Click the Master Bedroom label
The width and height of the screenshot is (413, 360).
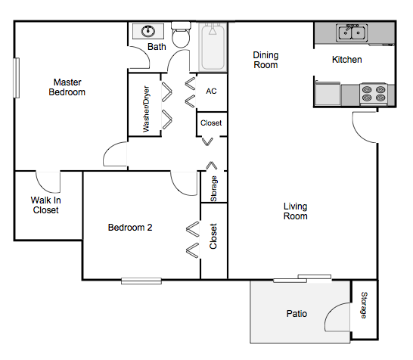[x=68, y=87]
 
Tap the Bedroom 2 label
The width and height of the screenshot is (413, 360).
[x=130, y=227]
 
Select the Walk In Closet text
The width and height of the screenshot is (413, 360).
[x=45, y=205]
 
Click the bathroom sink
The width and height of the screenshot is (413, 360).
[x=148, y=32]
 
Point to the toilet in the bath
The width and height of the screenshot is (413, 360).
[x=180, y=36]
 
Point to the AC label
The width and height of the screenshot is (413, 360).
[x=211, y=91]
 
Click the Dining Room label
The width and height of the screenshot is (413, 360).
[x=265, y=60]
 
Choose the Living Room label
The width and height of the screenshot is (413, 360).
[x=296, y=211]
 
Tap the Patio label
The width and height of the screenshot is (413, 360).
[x=297, y=313]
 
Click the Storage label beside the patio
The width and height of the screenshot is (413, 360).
[x=364, y=305]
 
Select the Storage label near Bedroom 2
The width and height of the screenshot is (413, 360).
[x=214, y=187]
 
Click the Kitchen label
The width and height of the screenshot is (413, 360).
[x=347, y=60]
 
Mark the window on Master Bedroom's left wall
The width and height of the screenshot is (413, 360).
[x=14, y=81]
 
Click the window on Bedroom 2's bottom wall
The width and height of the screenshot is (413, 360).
[x=141, y=281]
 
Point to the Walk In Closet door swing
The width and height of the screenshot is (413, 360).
[x=48, y=182]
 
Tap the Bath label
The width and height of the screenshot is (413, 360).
[x=157, y=47]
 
